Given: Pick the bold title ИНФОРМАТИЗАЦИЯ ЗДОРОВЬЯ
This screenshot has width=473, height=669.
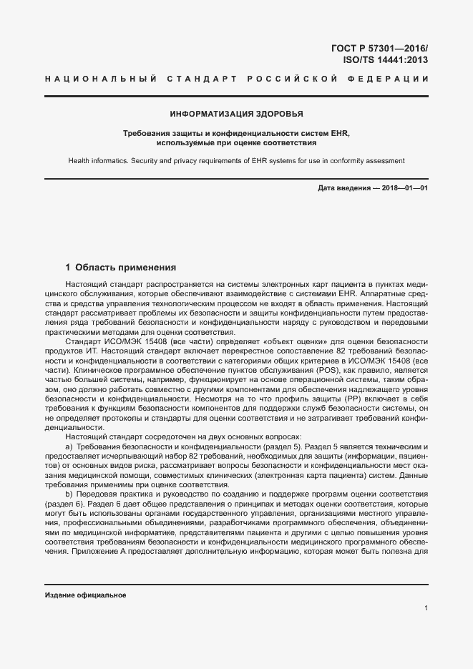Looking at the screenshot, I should pos(236,114).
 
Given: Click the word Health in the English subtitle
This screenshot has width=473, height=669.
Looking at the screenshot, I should pos(80,162).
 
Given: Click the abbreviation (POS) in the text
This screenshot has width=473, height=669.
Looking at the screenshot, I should pos(303,372).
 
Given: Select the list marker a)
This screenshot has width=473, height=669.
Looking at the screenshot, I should pos(69,446).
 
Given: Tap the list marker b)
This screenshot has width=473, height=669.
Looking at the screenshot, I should pos(69,494).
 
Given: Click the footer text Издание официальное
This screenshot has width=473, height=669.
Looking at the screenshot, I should pos(85,596).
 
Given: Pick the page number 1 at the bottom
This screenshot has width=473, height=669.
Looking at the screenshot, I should pos(426,608).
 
